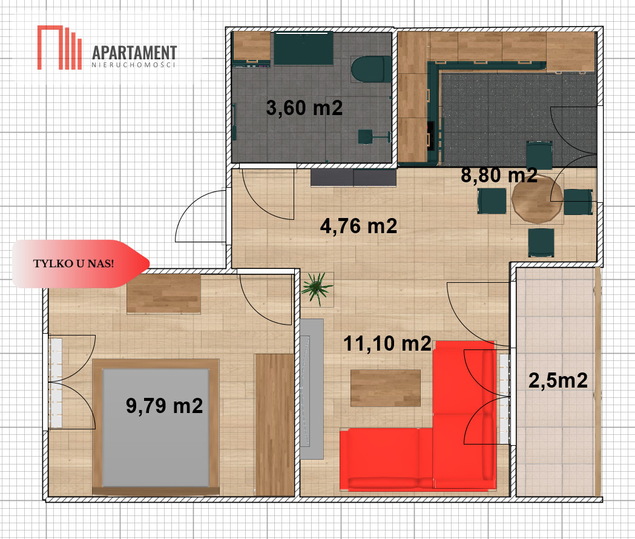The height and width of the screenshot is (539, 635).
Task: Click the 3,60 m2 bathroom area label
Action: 304,108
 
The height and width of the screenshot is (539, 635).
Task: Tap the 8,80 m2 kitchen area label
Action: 499,175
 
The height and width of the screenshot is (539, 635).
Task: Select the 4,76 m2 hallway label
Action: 358,226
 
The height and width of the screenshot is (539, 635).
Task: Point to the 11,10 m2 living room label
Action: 387,343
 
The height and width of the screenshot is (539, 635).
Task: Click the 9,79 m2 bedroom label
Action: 164,406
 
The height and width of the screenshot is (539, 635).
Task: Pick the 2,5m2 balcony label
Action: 558,380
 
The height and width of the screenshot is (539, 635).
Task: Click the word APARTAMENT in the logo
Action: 134,53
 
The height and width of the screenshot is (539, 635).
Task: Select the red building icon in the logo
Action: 59,47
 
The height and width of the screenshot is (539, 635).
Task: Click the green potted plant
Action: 317,287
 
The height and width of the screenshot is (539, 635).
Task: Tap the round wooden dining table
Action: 537,199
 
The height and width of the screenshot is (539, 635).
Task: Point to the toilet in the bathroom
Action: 370,69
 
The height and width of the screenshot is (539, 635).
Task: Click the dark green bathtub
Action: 304,48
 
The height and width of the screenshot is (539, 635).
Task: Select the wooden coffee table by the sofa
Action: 385,388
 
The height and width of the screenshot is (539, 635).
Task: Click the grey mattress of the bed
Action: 156,428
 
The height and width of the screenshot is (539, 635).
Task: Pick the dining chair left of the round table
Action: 492,200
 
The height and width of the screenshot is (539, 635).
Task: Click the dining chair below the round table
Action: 541,242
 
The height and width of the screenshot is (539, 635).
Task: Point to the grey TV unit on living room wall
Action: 311,389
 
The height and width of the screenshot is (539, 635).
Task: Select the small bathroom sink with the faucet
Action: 366,137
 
